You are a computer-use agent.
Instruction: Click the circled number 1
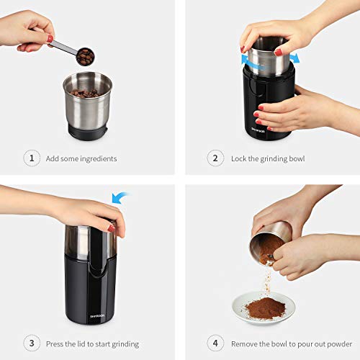point(31,158)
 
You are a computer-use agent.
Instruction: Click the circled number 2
point(214,158)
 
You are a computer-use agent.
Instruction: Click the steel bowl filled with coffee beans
point(87,101)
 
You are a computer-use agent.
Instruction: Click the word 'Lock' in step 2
point(239,158)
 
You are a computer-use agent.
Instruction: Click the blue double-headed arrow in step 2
point(271,57)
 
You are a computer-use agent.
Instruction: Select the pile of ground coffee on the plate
point(264,308)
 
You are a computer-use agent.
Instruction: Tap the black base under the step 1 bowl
point(87,130)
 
